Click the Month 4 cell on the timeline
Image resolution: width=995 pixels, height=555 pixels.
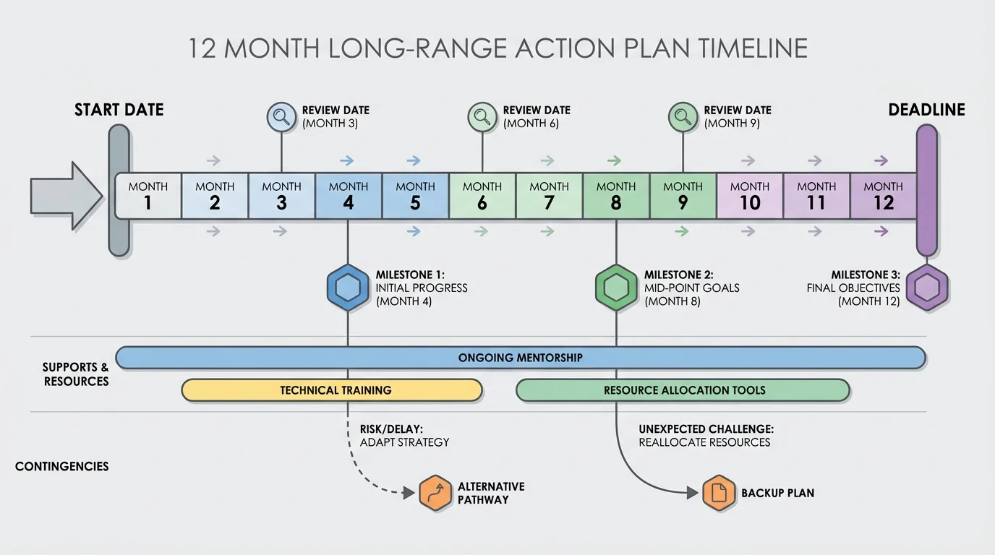pyautogui.click(x=349, y=196)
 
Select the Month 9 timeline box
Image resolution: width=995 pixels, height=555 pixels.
pyautogui.click(x=683, y=196)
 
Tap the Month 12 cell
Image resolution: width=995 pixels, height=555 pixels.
pyautogui.click(x=883, y=196)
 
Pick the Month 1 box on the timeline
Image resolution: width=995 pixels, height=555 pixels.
pyautogui.click(x=148, y=196)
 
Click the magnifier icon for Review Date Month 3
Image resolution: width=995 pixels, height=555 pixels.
pyautogui.click(x=281, y=116)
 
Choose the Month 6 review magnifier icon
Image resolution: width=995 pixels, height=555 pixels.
pyautogui.click(x=482, y=116)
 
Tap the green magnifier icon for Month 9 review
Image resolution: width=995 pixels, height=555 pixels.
pyautogui.click(x=683, y=116)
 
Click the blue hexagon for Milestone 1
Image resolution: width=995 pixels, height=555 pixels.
pyautogui.click(x=348, y=288)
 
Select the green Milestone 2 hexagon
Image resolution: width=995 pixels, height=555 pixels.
pyautogui.click(x=616, y=288)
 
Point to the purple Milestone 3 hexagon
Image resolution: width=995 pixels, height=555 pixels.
pyautogui.click(x=927, y=288)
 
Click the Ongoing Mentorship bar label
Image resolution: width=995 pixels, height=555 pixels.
pyautogui.click(x=520, y=358)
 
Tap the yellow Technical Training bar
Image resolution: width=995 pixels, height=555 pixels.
pyautogui.click(x=332, y=390)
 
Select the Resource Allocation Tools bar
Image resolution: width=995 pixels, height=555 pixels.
pyautogui.click(x=683, y=390)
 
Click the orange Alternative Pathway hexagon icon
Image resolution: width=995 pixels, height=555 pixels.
pyautogui.click(x=436, y=494)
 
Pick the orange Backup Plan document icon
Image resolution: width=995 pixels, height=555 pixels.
pyautogui.click(x=719, y=494)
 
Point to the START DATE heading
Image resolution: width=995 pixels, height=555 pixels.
pyautogui.click(x=119, y=110)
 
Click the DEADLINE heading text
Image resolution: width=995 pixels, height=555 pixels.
pyautogui.click(x=926, y=110)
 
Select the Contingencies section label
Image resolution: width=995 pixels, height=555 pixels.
pyautogui.click(x=62, y=467)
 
